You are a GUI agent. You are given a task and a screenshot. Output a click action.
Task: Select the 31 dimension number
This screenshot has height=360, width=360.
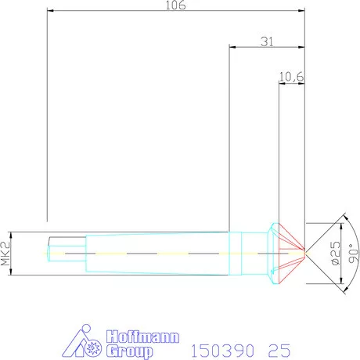(x=267, y=41)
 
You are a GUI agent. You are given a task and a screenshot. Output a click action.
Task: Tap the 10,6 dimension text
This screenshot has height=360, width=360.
(x=291, y=76)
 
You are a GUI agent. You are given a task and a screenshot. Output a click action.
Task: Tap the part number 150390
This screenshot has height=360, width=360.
(x=221, y=348)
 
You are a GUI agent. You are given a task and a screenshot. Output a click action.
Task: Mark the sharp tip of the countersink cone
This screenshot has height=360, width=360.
(x=305, y=251)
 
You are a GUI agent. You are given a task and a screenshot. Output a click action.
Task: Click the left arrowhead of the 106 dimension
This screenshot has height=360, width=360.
(x=49, y=11)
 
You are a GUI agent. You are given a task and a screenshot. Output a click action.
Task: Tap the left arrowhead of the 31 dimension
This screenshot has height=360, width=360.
(x=231, y=46)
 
